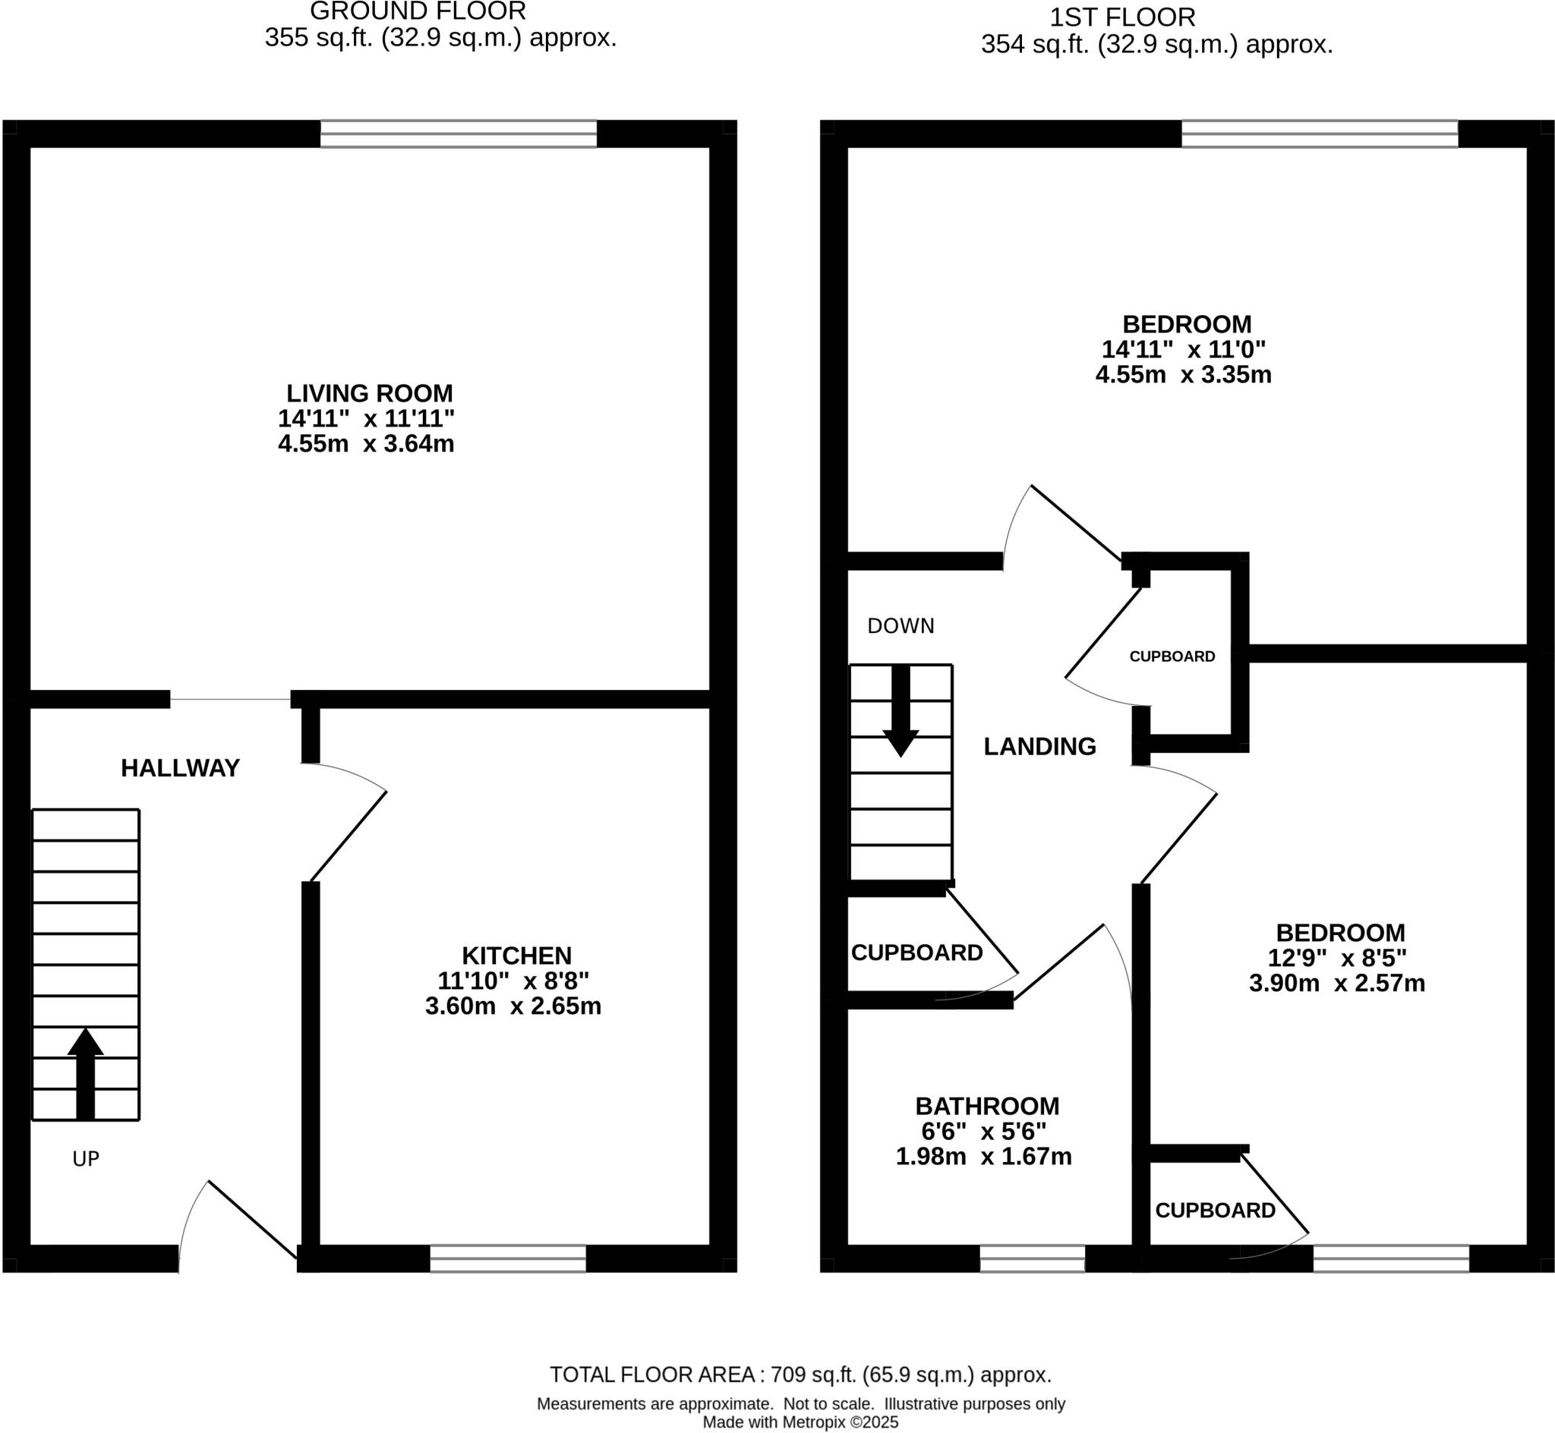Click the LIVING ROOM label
pos(370,393)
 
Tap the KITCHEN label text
pos(516,956)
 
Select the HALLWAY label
pos(181,767)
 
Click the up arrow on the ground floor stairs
pos(85,1074)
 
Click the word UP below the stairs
pos(85,1158)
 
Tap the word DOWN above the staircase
pos(901,625)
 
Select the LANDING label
pos(1040,746)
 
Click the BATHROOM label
pos(987,1106)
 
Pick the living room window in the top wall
pos(459,134)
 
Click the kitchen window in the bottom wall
pos(508,1258)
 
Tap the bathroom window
pos(1033,1258)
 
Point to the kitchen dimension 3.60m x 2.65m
pos(513,1006)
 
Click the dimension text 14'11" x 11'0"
pos(1184,349)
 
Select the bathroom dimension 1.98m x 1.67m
pos(984,1157)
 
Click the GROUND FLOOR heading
pos(418,11)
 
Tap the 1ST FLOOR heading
pos(1122,17)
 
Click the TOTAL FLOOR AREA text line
pos(800,1375)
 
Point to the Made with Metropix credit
pos(800,1422)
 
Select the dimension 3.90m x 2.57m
pos(1337,983)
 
